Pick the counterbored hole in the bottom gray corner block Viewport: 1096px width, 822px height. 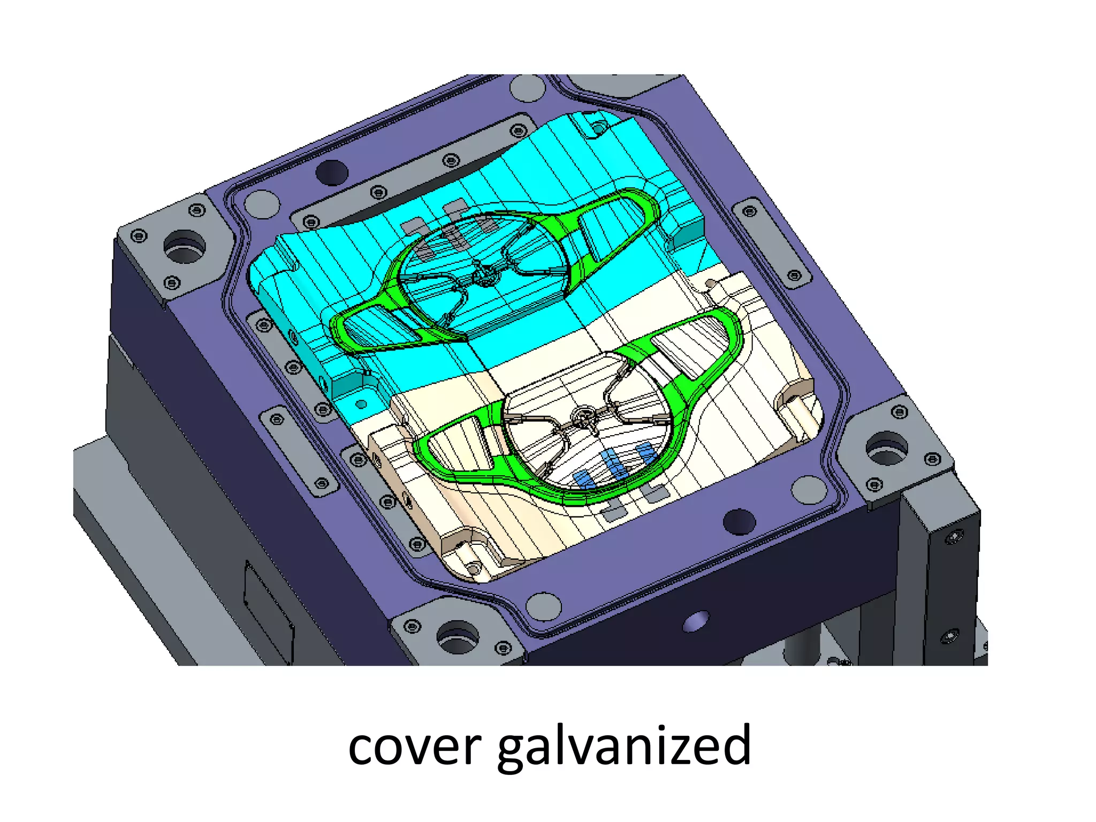[x=458, y=637]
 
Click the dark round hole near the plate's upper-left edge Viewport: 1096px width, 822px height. [x=332, y=172]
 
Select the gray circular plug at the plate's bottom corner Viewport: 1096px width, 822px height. [x=543, y=606]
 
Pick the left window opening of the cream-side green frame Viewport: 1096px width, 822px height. [x=460, y=444]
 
